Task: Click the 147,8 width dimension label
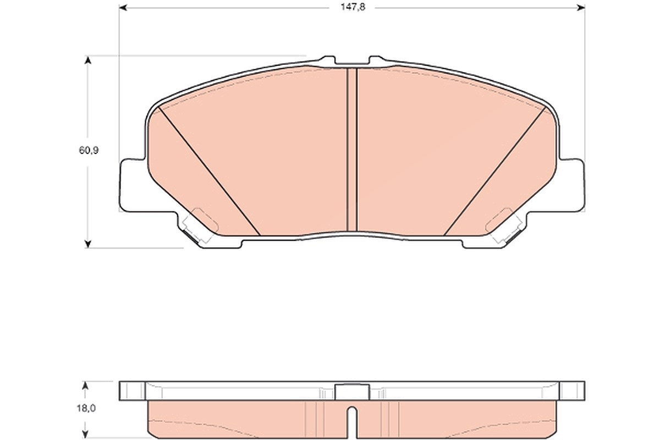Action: click(353, 7)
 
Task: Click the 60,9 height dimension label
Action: click(89, 150)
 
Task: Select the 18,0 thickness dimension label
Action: click(86, 408)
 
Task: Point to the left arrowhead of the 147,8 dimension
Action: click(123, 8)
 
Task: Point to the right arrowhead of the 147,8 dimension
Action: click(581, 8)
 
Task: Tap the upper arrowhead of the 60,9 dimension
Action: click(87, 60)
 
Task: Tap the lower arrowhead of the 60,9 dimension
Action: click(87, 244)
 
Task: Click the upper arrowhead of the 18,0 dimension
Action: click(85, 386)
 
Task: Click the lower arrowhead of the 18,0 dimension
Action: click(85, 435)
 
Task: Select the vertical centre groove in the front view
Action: click(352, 150)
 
